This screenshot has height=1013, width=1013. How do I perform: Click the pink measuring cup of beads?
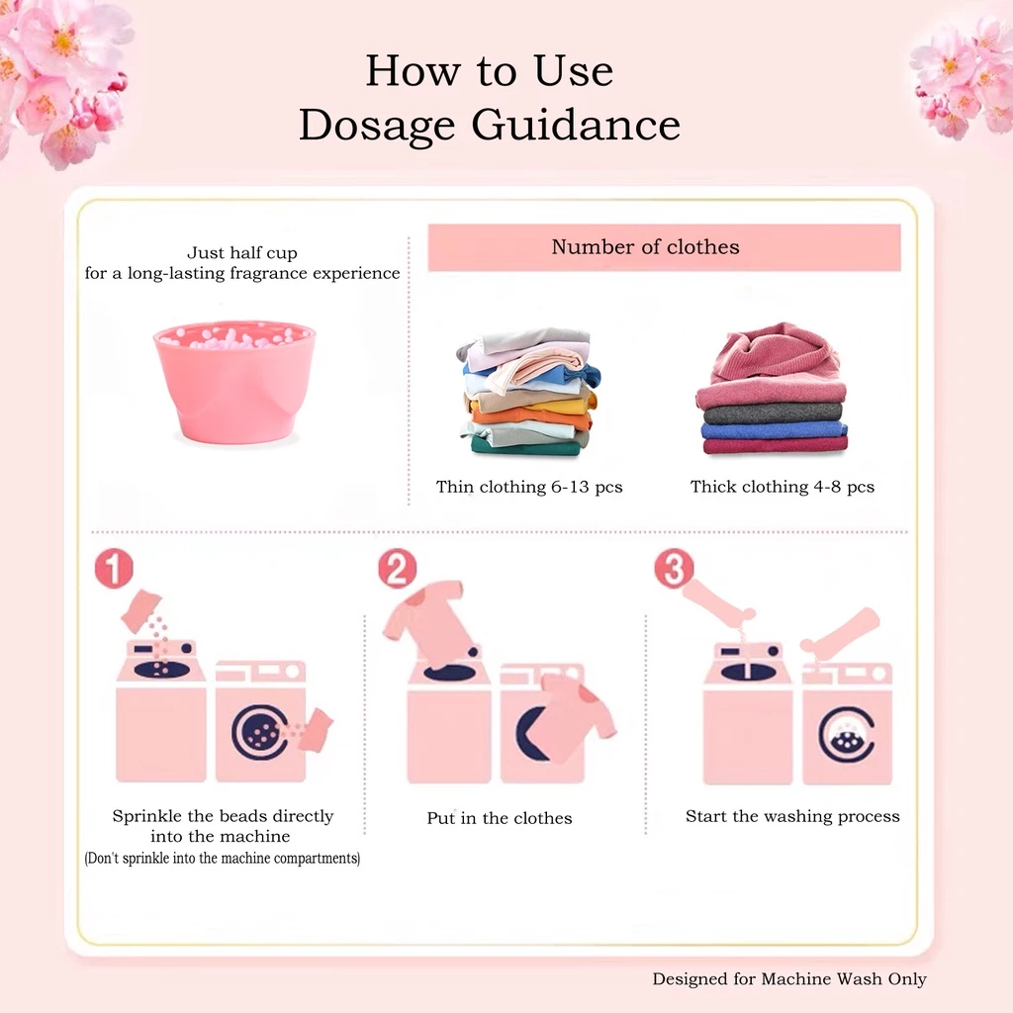pos(234,381)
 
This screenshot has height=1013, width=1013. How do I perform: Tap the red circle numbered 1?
pos(114,569)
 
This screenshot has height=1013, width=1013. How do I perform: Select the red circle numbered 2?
pos(398,569)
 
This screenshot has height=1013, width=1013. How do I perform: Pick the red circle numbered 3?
pos(674,569)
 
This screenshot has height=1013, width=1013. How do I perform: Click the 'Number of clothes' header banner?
pos(664,247)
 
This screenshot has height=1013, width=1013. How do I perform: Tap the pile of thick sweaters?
pos(772,389)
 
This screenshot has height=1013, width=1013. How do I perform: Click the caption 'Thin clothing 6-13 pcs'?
pos(529,487)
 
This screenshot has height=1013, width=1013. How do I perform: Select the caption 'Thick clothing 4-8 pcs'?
pos(783,487)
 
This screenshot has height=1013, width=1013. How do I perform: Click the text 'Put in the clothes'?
pos(500,818)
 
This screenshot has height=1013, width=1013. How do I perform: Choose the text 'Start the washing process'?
pos(792,816)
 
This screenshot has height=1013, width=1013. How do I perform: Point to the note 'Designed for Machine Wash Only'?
pos(789,979)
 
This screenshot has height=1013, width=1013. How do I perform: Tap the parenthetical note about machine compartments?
pos(223,859)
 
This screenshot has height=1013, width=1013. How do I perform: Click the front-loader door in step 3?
pos(847,735)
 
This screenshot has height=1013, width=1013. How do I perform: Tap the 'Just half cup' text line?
pos(242,252)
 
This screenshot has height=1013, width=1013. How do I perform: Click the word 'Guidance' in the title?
pos(577,124)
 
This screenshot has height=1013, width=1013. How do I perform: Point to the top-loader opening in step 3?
pos(748,673)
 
